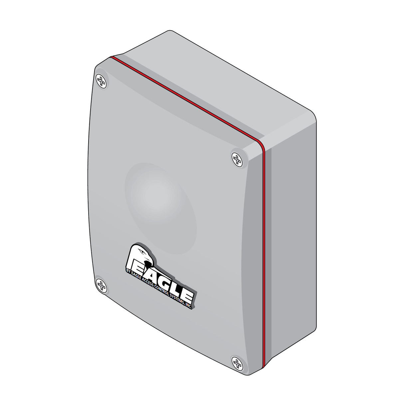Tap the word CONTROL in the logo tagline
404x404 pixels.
(x=162, y=290)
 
